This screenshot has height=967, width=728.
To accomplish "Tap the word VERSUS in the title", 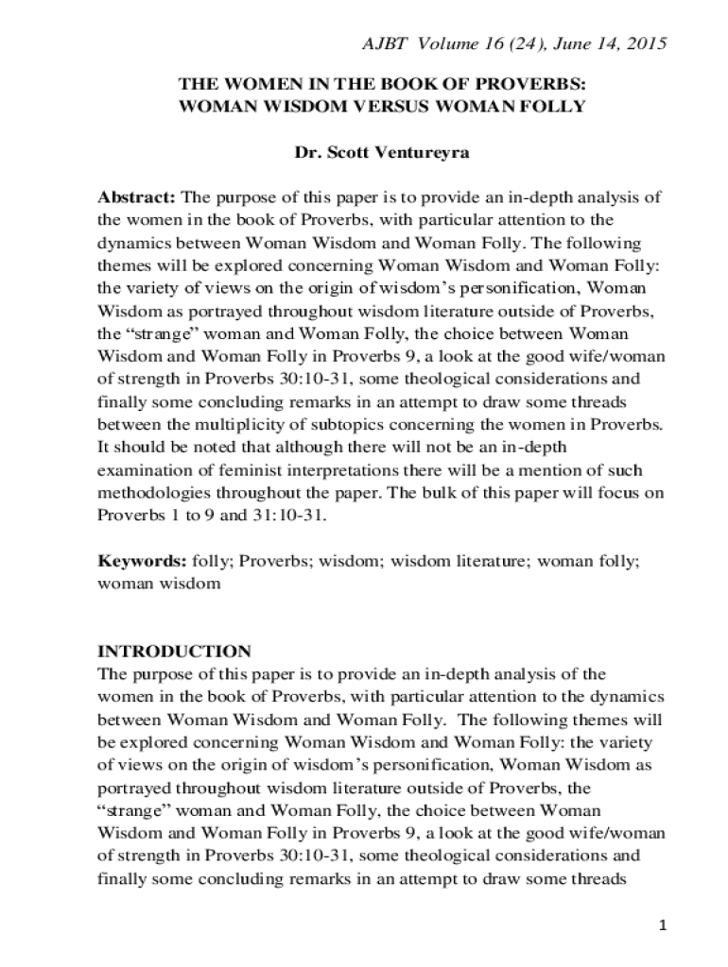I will [390, 106].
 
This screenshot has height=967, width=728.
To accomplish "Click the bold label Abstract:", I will [136, 197].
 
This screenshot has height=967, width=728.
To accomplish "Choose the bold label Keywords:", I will [142, 561].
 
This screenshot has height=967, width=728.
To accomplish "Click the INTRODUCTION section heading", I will [175, 652].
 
